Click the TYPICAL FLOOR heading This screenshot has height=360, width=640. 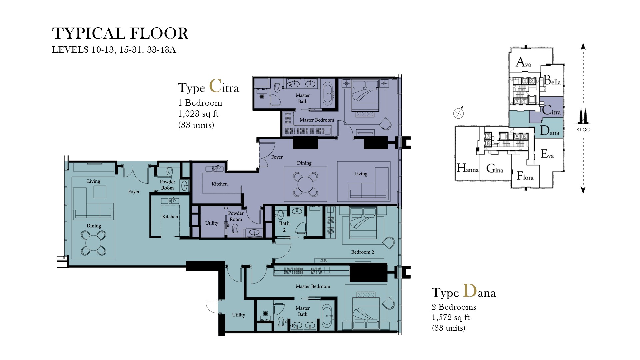[x=120, y=34]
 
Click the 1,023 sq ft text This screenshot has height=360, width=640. [x=198, y=114]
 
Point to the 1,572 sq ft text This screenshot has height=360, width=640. [x=450, y=317]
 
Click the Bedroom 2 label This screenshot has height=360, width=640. [x=362, y=252]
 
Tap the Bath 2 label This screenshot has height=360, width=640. [x=284, y=227]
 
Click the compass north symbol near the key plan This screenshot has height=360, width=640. [x=459, y=113]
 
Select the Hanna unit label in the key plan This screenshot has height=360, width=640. [x=467, y=168]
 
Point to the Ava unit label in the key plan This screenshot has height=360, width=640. [x=523, y=62]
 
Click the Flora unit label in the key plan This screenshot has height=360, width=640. [x=525, y=176]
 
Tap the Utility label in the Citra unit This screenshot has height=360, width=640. [x=211, y=223]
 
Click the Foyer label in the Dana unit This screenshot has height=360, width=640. [x=134, y=192]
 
